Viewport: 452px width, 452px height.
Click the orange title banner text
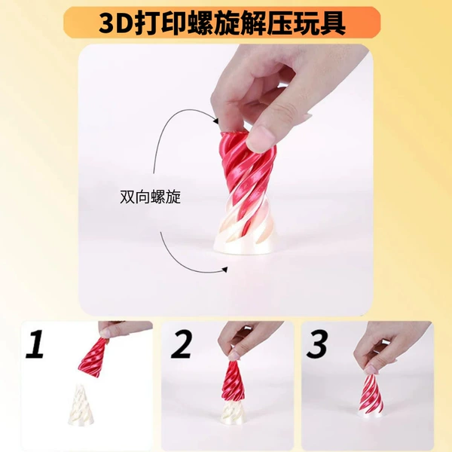[x=222, y=23]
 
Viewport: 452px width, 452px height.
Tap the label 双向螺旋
[x=150, y=197]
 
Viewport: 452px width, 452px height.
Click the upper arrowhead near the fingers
[x=215, y=121]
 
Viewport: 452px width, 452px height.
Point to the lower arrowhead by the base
[x=224, y=270]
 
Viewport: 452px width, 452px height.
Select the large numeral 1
[x=35, y=344]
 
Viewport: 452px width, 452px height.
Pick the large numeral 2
[x=182, y=344]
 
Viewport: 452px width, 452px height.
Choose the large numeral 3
[x=317, y=344]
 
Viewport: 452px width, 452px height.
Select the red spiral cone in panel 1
[x=93, y=357]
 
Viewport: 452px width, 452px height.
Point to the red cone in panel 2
[x=234, y=381]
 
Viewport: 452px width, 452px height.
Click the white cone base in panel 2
[x=234, y=413]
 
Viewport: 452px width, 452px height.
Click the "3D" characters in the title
[x=115, y=24]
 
